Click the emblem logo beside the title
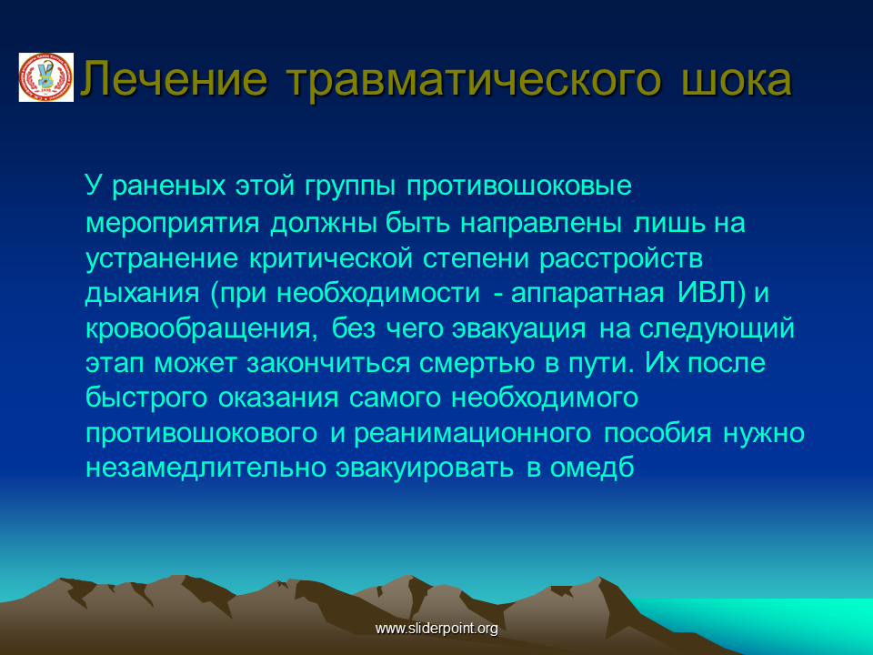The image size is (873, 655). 46,77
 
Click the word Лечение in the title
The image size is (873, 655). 175,78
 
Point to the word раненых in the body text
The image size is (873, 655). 169,186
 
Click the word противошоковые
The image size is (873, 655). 519,186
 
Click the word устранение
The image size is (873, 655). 162,258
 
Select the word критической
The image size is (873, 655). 331,258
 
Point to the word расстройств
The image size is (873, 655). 621,258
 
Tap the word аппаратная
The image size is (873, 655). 587,293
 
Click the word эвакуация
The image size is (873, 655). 519,328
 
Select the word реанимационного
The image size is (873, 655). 472,433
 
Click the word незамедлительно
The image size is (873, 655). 206,468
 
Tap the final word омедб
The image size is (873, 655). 592,468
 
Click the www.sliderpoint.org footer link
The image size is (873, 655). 436,629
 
